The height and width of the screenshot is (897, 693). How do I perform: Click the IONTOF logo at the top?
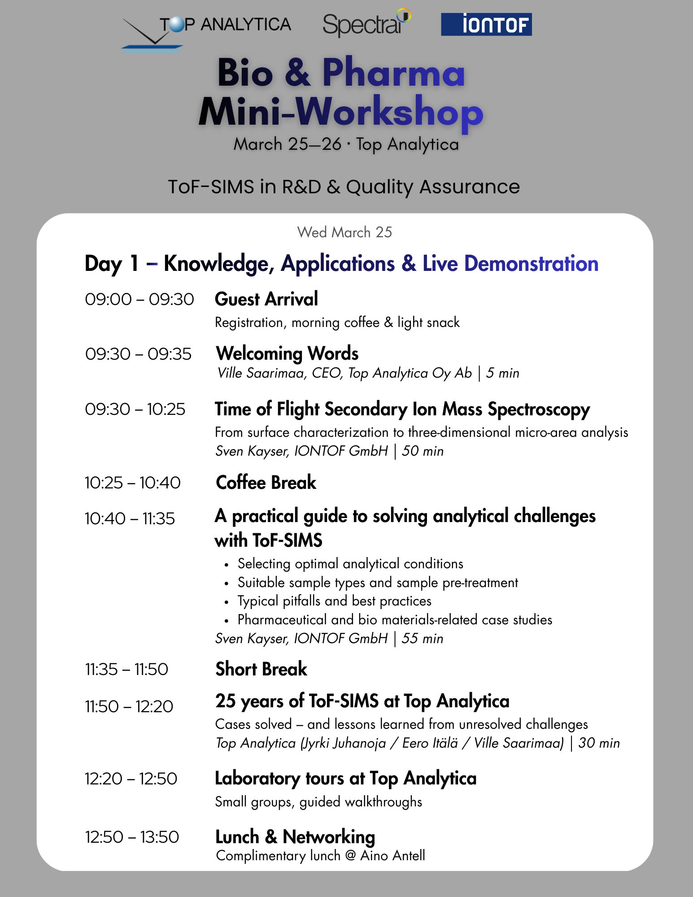[x=486, y=24]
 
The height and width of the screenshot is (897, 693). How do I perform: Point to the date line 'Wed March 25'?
[x=344, y=232]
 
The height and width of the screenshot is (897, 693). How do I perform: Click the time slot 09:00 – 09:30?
[x=139, y=300]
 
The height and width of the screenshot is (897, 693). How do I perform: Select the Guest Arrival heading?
[x=266, y=299]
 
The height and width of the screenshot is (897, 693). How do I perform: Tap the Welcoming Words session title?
[x=287, y=353]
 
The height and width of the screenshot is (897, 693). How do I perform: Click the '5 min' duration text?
[x=503, y=373]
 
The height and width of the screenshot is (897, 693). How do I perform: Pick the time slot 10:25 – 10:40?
[x=132, y=483]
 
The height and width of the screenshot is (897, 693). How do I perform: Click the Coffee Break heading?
[x=266, y=483]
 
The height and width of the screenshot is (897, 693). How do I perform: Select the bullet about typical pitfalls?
[x=334, y=601]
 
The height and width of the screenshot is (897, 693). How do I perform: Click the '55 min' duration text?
[x=422, y=639]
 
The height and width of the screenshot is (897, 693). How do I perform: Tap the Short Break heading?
[x=261, y=669]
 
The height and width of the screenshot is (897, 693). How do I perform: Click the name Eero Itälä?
[x=430, y=743]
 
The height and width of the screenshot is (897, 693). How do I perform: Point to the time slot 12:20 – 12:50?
[x=131, y=779]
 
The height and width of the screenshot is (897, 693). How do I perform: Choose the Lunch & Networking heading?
[x=295, y=837]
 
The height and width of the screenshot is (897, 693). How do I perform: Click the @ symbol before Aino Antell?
[x=350, y=856]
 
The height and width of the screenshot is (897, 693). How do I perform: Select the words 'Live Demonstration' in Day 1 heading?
[x=510, y=263]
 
